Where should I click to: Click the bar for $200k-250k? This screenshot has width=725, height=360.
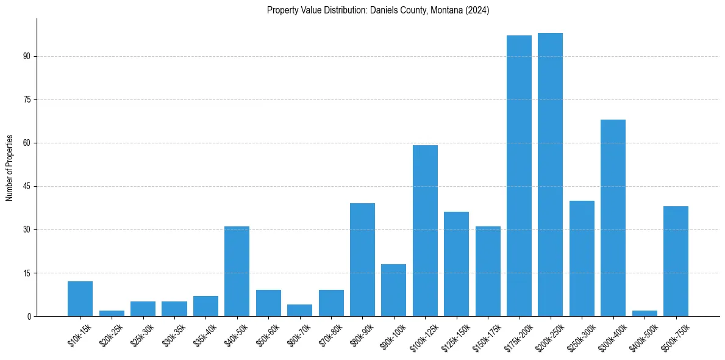tap(550, 175)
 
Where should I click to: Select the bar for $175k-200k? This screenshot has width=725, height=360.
tap(519, 176)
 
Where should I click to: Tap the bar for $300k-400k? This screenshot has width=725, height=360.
tap(613, 218)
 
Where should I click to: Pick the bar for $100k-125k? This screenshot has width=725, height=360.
tap(425, 231)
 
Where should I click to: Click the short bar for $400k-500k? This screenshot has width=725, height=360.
tap(645, 313)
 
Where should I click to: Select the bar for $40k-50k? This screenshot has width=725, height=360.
tap(237, 271)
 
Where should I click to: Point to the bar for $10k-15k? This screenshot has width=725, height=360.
tap(80, 298)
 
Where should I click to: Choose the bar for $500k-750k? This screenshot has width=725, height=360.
tap(676, 261)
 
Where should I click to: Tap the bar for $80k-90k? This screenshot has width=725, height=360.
tap(362, 259)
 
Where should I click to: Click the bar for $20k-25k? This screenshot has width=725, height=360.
tap(112, 313)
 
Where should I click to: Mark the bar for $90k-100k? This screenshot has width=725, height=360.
tap(393, 290)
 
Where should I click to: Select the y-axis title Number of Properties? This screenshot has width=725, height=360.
tap(10, 168)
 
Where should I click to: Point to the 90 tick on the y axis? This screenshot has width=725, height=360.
tap(26, 56)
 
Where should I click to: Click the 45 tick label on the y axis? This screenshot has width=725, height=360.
tap(26, 186)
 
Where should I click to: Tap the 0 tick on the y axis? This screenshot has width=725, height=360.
tap(28, 316)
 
